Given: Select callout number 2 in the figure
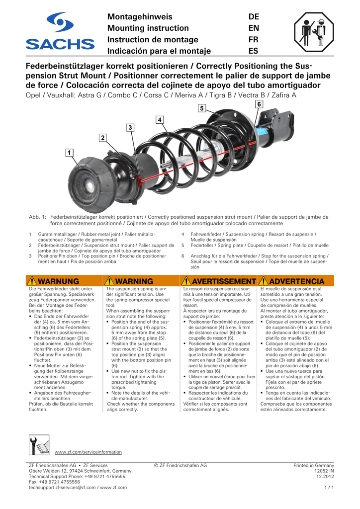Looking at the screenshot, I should coord(102,137).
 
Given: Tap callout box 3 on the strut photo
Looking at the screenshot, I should coord(131,128).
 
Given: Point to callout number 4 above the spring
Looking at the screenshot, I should coord(160,120).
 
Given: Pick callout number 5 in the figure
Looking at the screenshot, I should coord(202,108).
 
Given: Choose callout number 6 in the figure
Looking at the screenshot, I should coord(259,104).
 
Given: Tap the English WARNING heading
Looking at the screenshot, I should coord(137,282).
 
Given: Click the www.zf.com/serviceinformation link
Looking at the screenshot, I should coord(88,452).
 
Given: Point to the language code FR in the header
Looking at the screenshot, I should coord(254,40).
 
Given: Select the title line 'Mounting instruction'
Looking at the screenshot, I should coord(148,28).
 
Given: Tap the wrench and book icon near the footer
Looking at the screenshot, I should coord(39,444).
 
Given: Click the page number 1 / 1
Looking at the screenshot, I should coord(329,488).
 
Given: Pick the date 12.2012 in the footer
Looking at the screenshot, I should coord(325,477).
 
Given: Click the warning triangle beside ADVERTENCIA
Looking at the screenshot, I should coord(264,282).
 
